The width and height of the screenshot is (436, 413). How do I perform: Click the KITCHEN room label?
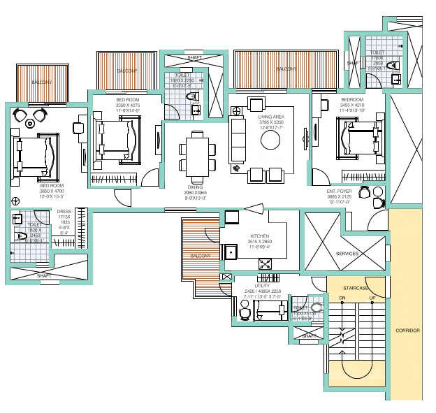[259, 236]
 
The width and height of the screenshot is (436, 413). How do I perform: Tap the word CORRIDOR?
[407, 330]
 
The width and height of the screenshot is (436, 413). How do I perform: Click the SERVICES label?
[347, 253]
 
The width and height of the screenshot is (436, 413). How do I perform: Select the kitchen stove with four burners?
[266, 264]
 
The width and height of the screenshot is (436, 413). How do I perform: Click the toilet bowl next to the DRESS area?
[20, 236]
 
